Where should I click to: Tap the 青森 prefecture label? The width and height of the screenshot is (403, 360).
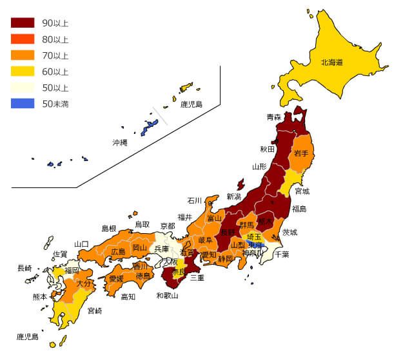click(x=274, y=117)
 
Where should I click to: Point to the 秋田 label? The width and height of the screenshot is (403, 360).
click(x=268, y=149)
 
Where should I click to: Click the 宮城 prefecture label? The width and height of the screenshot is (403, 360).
click(x=302, y=191)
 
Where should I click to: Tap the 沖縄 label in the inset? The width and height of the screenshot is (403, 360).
click(x=120, y=142)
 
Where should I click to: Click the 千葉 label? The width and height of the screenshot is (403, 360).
click(x=282, y=254)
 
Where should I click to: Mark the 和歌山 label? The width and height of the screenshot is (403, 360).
click(x=167, y=296)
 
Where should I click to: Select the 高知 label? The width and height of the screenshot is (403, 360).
click(x=128, y=297)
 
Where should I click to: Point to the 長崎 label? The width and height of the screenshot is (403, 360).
click(x=25, y=268)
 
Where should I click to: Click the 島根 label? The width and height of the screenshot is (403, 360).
click(x=109, y=228)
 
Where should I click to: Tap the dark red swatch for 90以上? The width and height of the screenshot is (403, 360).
click(x=23, y=23)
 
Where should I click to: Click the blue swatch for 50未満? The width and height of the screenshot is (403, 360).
click(x=23, y=103)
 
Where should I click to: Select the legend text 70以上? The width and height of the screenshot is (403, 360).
click(x=55, y=55)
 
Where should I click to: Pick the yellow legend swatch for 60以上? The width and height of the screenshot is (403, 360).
click(x=23, y=71)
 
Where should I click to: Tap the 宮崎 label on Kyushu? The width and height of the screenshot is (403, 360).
click(x=94, y=311)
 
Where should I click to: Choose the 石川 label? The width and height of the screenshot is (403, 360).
click(x=195, y=200)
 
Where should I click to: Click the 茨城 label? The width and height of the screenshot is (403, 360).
click(x=290, y=232)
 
